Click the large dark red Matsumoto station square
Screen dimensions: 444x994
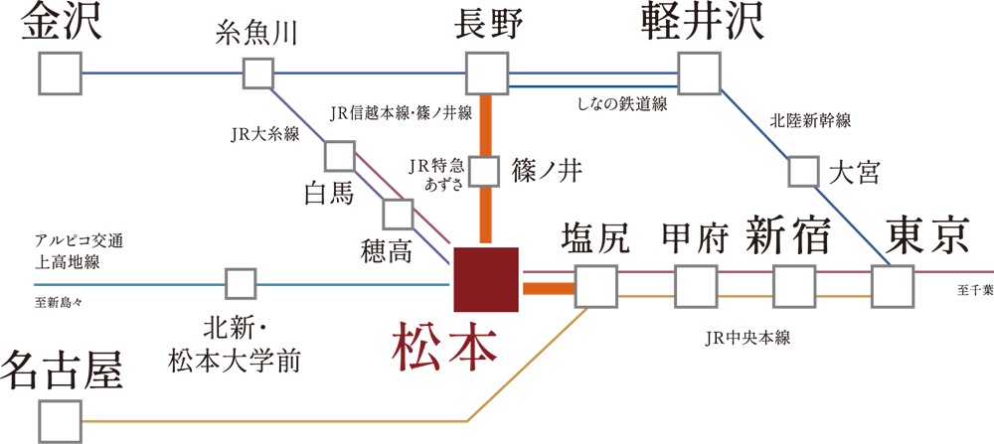pos(485,278)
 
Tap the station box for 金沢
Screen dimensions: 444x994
pos(60,73)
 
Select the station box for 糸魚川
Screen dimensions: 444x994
pos(257,73)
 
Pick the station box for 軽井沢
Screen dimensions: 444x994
pos(699,73)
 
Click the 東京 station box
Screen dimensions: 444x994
pos(893,286)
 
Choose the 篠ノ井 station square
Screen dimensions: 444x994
pos(484,171)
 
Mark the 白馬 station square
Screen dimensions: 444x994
pos(339,155)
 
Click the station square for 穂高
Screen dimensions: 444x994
pos(398,214)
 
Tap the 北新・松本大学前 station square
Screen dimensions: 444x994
pos(241,284)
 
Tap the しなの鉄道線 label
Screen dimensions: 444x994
pos(621,103)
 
